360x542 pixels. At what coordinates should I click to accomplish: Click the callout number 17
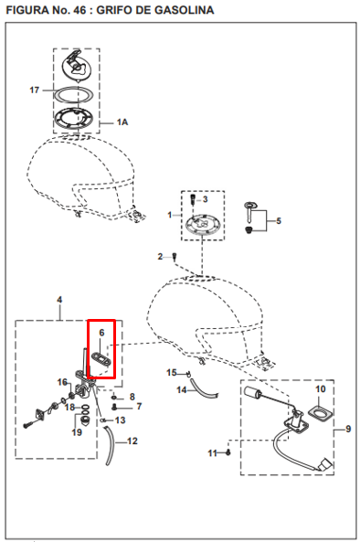[x=34, y=90]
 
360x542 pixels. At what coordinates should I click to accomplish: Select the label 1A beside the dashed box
[x=122, y=122]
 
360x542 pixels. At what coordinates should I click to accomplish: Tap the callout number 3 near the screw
[x=206, y=199]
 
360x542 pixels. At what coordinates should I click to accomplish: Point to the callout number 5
[x=279, y=220]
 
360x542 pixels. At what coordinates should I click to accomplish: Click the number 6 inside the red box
[x=101, y=333]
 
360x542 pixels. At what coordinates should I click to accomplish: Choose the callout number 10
[x=321, y=389]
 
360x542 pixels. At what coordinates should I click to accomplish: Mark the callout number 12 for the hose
[x=132, y=441]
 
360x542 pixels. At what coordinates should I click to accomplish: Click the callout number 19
[x=77, y=432]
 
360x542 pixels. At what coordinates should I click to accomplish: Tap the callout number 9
[x=348, y=429]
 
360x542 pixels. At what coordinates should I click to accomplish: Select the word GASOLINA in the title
[x=185, y=10]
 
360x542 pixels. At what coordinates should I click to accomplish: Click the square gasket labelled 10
[x=321, y=414]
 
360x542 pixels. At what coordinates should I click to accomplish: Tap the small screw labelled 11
[x=228, y=452]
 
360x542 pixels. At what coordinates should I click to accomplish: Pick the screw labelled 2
[x=175, y=257]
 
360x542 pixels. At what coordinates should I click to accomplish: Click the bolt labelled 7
[x=114, y=408]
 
